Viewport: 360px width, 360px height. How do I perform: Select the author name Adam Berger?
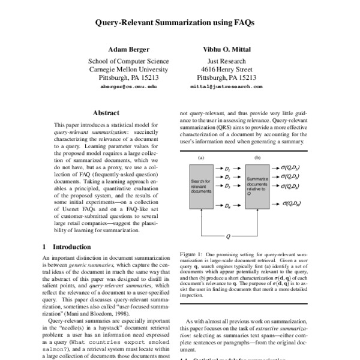[128, 49]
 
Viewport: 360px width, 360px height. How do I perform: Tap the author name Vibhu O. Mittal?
[226, 49]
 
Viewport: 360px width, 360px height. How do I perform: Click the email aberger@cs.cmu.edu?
[128, 87]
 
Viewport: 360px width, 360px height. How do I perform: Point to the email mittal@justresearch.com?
[226, 87]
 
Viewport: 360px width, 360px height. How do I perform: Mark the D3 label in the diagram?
[227, 186]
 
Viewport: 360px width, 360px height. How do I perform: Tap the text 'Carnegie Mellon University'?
[128, 70]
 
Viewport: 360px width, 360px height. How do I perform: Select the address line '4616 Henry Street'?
[226, 70]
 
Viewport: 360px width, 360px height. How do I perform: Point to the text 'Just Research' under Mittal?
[226, 61]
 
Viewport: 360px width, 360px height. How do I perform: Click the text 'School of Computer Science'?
[128, 61]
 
